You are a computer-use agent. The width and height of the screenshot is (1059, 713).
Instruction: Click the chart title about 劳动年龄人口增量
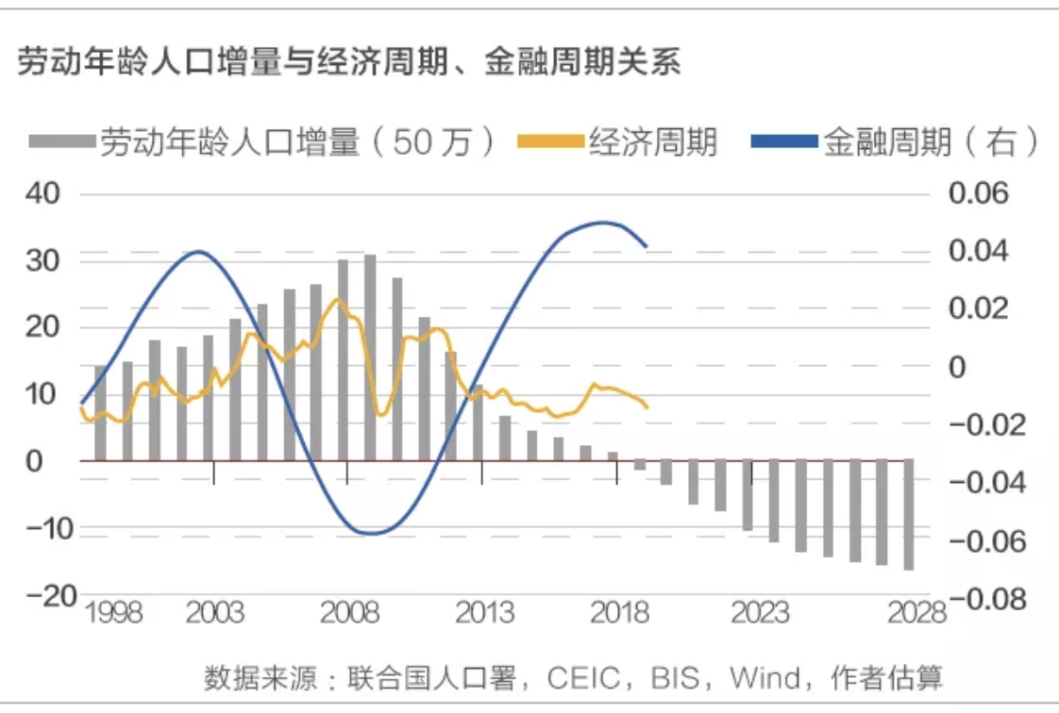tap(348, 64)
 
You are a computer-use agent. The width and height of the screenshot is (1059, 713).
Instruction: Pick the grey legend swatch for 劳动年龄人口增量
tap(62, 142)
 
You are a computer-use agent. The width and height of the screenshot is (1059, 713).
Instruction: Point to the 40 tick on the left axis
tap(42, 194)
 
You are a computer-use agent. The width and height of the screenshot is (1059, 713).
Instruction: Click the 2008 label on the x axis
tap(349, 614)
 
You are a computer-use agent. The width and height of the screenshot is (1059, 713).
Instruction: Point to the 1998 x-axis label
tap(113, 614)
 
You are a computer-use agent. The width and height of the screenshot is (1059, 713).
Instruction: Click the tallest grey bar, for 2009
tap(370, 357)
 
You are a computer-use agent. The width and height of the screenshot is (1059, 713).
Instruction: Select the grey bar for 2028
tap(909, 515)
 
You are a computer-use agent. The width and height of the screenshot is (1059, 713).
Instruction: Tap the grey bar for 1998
tap(100, 413)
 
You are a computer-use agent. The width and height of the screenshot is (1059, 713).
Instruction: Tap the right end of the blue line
tap(647, 247)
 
